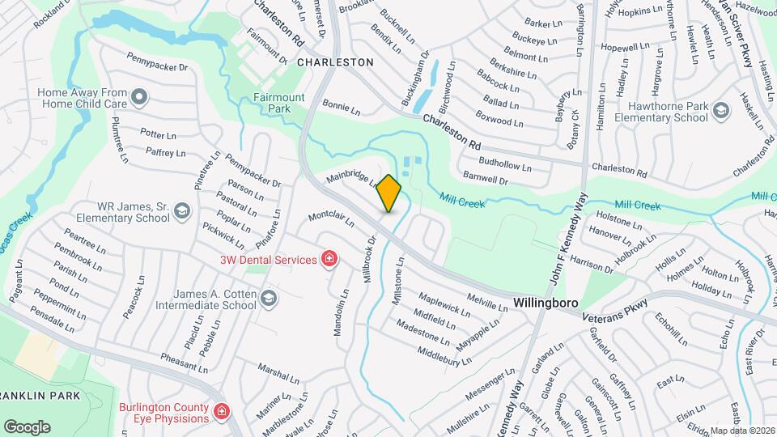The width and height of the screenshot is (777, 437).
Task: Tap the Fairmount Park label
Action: (278, 103)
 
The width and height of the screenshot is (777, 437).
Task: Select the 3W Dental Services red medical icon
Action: (329, 260)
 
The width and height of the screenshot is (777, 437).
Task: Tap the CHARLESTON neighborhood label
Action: (335, 62)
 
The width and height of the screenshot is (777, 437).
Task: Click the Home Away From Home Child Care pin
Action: (139, 99)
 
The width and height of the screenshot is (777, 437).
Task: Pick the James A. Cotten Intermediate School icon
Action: (269, 300)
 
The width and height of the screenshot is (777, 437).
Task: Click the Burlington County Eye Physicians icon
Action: (220, 414)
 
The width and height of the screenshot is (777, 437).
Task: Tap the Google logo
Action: (27, 426)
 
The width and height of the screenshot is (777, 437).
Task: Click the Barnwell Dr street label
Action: (485, 178)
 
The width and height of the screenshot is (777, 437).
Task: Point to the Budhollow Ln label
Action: (505, 165)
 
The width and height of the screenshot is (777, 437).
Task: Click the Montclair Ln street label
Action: (331, 220)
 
